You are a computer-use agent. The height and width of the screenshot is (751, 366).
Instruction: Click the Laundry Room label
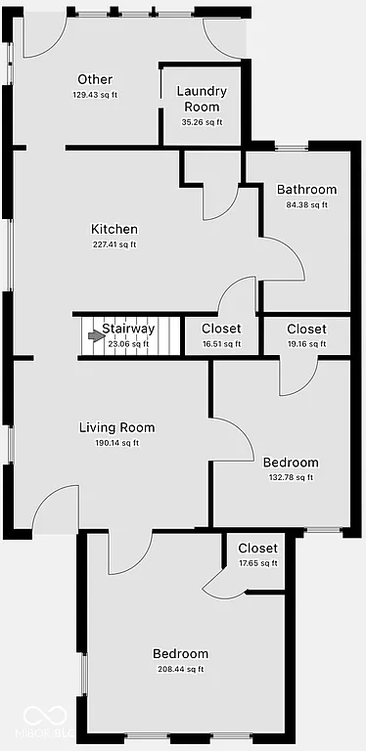tap(202, 99)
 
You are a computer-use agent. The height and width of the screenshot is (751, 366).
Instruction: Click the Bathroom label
tap(306, 190)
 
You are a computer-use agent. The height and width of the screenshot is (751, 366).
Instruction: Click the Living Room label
tap(116, 427)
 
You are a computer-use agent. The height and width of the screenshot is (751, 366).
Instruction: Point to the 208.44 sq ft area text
tap(180, 670)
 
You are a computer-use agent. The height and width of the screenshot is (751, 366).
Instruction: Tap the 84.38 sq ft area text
tap(306, 204)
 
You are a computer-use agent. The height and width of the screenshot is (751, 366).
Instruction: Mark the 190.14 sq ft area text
tap(116, 443)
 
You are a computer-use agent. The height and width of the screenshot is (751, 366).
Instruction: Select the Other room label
tap(94, 79)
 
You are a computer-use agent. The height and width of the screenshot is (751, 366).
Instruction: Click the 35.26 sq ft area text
tap(202, 122)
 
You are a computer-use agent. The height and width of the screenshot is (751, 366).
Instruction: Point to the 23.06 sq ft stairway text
tap(128, 344)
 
